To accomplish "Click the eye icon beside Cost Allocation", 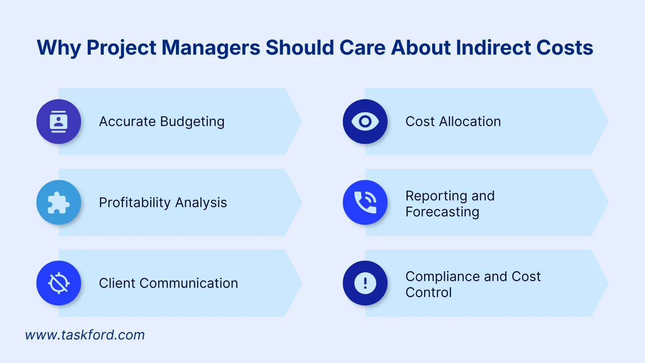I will [x=365, y=121].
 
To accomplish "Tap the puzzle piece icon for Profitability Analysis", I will [x=58, y=203].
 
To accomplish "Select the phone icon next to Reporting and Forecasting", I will [x=365, y=203].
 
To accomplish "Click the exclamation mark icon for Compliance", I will [x=365, y=283].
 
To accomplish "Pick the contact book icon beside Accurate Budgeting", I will [x=58, y=121].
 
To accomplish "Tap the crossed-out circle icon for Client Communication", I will [x=58, y=283].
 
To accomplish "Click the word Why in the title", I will [x=59, y=47].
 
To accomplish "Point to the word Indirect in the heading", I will [x=493, y=47].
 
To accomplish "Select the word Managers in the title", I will [x=211, y=47].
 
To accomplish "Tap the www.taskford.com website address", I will [x=85, y=335].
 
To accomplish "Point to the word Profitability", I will [x=135, y=203].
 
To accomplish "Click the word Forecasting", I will [x=442, y=212].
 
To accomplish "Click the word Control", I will [x=428, y=292].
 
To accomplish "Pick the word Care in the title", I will [x=362, y=47].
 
